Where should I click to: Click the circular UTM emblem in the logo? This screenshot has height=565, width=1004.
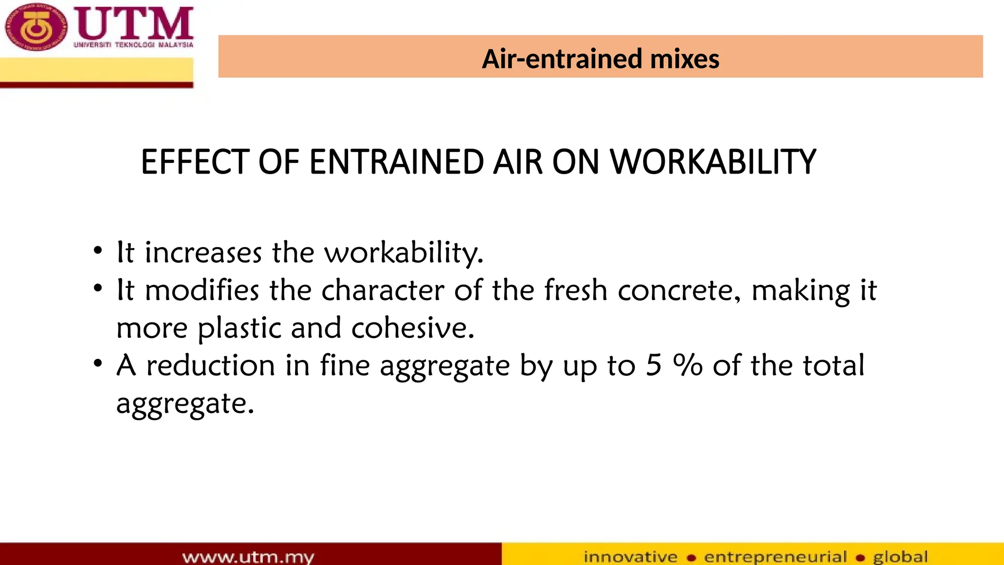(x=35, y=27)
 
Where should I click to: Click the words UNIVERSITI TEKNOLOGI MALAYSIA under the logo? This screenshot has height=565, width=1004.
(x=133, y=45)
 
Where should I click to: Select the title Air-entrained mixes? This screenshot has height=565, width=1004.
(x=600, y=59)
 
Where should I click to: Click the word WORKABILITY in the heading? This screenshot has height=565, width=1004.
(x=713, y=162)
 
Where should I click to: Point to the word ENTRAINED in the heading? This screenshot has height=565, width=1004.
(x=397, y=162)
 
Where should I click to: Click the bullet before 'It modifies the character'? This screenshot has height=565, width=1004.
(x=98, y=288)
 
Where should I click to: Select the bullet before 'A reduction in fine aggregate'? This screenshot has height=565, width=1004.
(x=98, y=364)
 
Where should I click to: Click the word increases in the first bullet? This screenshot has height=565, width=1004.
(x=203, y=253)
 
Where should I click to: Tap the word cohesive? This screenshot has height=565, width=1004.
(x=413, y=328)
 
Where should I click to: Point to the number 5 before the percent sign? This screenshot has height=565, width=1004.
(x=653, y=365)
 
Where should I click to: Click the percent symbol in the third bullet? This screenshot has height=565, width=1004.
(x=688, y=365)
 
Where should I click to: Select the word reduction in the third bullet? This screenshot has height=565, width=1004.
(x=211, y=366)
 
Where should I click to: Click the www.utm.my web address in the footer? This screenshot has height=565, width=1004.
(x=248, y=557)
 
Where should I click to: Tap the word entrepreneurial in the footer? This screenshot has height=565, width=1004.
(x=776, y=557)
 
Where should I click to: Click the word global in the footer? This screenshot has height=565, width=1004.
(x=900, y=557)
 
